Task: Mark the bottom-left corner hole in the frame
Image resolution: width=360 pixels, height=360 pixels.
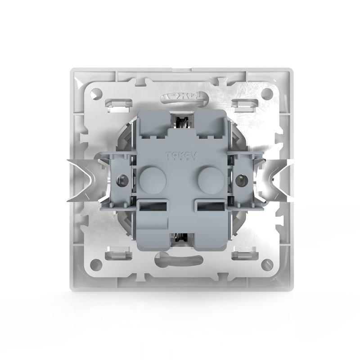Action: click(x=95, y=265)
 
